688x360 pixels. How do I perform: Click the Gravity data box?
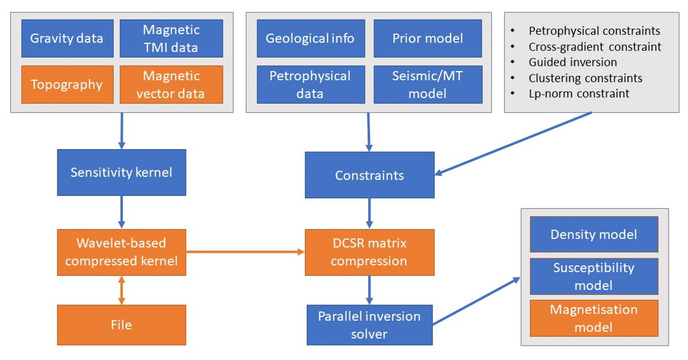coord(67,38)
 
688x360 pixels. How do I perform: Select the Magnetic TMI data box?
coord(171,38)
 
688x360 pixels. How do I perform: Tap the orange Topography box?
coord(67,84)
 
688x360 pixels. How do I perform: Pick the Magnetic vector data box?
coord(171,84)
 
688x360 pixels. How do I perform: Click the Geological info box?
coord(310,38)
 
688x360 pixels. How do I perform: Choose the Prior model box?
coord(427,38)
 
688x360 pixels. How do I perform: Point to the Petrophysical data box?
coord(310,84)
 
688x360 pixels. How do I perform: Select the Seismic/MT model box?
coord(427,84)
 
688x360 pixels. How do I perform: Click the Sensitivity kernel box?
coord(121,172)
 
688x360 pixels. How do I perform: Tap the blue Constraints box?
coord(369,175)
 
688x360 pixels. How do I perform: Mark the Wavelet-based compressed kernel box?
coord(121,252)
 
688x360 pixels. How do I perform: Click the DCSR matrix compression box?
coord(369,252)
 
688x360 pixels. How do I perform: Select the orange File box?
coord(121,325)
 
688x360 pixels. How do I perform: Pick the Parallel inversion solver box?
coord(369,325)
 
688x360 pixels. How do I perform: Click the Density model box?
coord(593,234)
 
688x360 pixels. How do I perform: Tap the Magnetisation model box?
coord(593,318)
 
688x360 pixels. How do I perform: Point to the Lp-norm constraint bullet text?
coord(578,93)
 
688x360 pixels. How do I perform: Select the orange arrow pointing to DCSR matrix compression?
coord(245,252)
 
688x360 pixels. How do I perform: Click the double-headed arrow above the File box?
coord(121,290)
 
